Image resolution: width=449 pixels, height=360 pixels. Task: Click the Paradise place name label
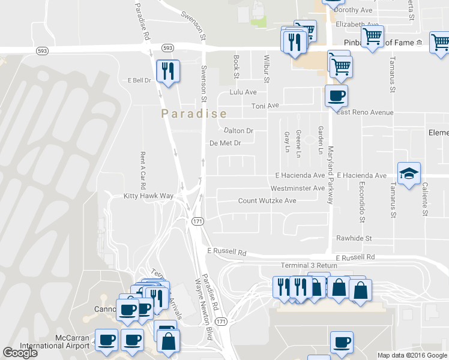coord(194,113)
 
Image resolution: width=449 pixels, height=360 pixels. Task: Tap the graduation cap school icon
coord(409,174)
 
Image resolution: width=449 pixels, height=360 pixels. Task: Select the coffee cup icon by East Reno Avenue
coord(336,95)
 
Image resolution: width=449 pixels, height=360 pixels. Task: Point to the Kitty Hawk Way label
coord(148,196)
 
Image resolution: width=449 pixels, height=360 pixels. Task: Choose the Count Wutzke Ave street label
coord(267,200)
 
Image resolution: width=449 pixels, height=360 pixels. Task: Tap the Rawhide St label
coord(354,238)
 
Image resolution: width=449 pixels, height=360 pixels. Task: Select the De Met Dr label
coord(225,143)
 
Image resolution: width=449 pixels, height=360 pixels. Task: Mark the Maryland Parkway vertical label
coord(330,175)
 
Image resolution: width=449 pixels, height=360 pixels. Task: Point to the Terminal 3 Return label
coord(309,265)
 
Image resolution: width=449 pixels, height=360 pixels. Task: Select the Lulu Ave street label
coord(243,92)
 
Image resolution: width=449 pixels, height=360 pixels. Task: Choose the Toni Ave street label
coord(265,106)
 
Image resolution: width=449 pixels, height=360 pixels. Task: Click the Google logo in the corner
coord(20,353)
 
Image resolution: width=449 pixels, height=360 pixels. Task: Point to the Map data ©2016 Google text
coord(412,355)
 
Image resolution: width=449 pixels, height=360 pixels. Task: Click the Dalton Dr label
coord(238,130)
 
